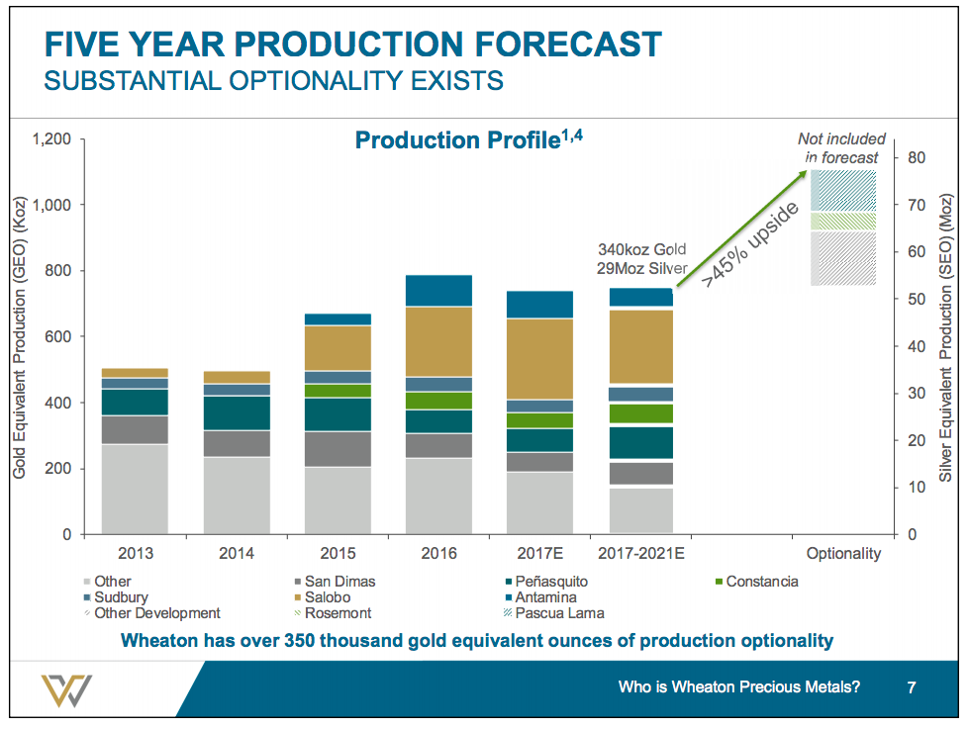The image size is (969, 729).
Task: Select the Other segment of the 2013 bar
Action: [x=135, y=489]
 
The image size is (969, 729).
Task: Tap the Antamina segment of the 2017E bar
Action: [x=539, y=305]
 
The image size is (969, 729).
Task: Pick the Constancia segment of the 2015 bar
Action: [x=338, y=391]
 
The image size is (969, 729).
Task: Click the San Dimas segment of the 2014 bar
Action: [x=236, y=443]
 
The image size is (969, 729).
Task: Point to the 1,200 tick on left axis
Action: [x=50, y=139]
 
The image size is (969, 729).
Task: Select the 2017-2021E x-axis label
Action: [x=640, y=554]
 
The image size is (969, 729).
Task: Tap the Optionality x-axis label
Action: [x=843, y=554]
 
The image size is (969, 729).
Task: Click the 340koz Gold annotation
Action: [x=641, y=249]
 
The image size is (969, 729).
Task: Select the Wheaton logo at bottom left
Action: [x=66, y=688]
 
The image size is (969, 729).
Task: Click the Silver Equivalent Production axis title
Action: [x=946, y=336]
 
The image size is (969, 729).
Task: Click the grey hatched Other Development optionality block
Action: [x=843, y=259]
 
